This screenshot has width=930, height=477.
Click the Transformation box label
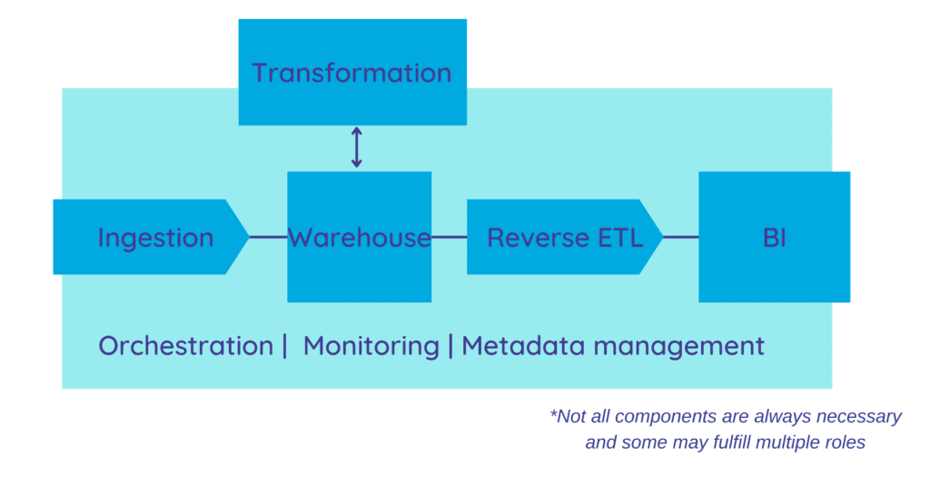tap(351, 73)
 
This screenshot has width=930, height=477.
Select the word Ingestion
tap(155, 238)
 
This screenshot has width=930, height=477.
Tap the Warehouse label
tap(359, 238)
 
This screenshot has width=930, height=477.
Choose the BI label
tap(774, 238)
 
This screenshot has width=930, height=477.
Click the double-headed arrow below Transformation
tap(356, 147)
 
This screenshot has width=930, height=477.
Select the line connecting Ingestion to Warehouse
tap(268, 238)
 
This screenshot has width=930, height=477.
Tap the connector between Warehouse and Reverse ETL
tap(449, 238)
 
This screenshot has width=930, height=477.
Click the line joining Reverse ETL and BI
tap(680, 238)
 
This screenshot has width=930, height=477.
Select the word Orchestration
tap(185, 346)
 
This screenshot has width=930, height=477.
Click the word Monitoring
tap(371, 346)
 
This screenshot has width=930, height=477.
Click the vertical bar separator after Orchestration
tap(284, 346)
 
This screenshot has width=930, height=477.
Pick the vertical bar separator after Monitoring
tap(450, 346)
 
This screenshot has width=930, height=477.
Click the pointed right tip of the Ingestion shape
tap(246, 237)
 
